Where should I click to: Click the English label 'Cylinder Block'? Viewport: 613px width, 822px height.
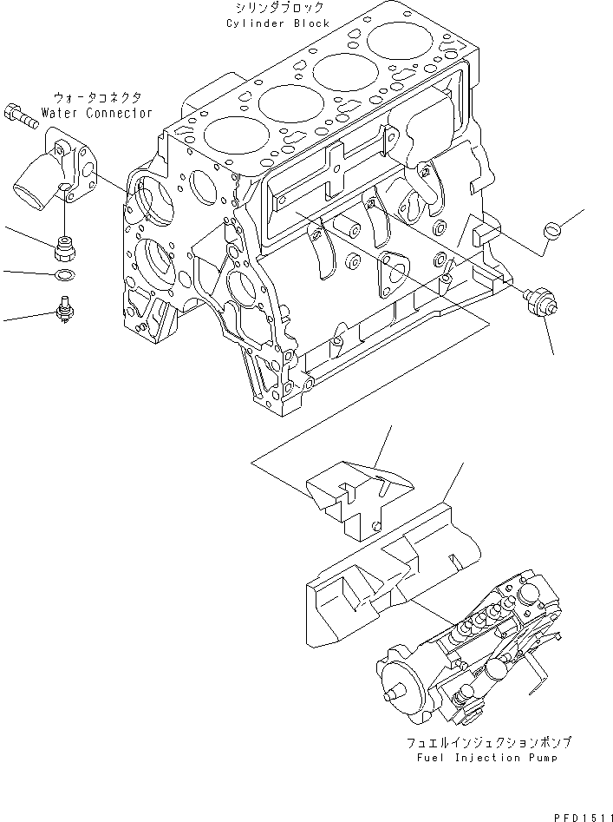pyautogui.click(x=277, y=23)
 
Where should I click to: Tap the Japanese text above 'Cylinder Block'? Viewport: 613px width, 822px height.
pyautogui.click(x=277, y=10)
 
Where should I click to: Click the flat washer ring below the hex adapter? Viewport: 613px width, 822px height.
pyautogui.click(x=63, y=276)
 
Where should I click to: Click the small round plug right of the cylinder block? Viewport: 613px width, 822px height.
pyautogui.click(x=551, y=231)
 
